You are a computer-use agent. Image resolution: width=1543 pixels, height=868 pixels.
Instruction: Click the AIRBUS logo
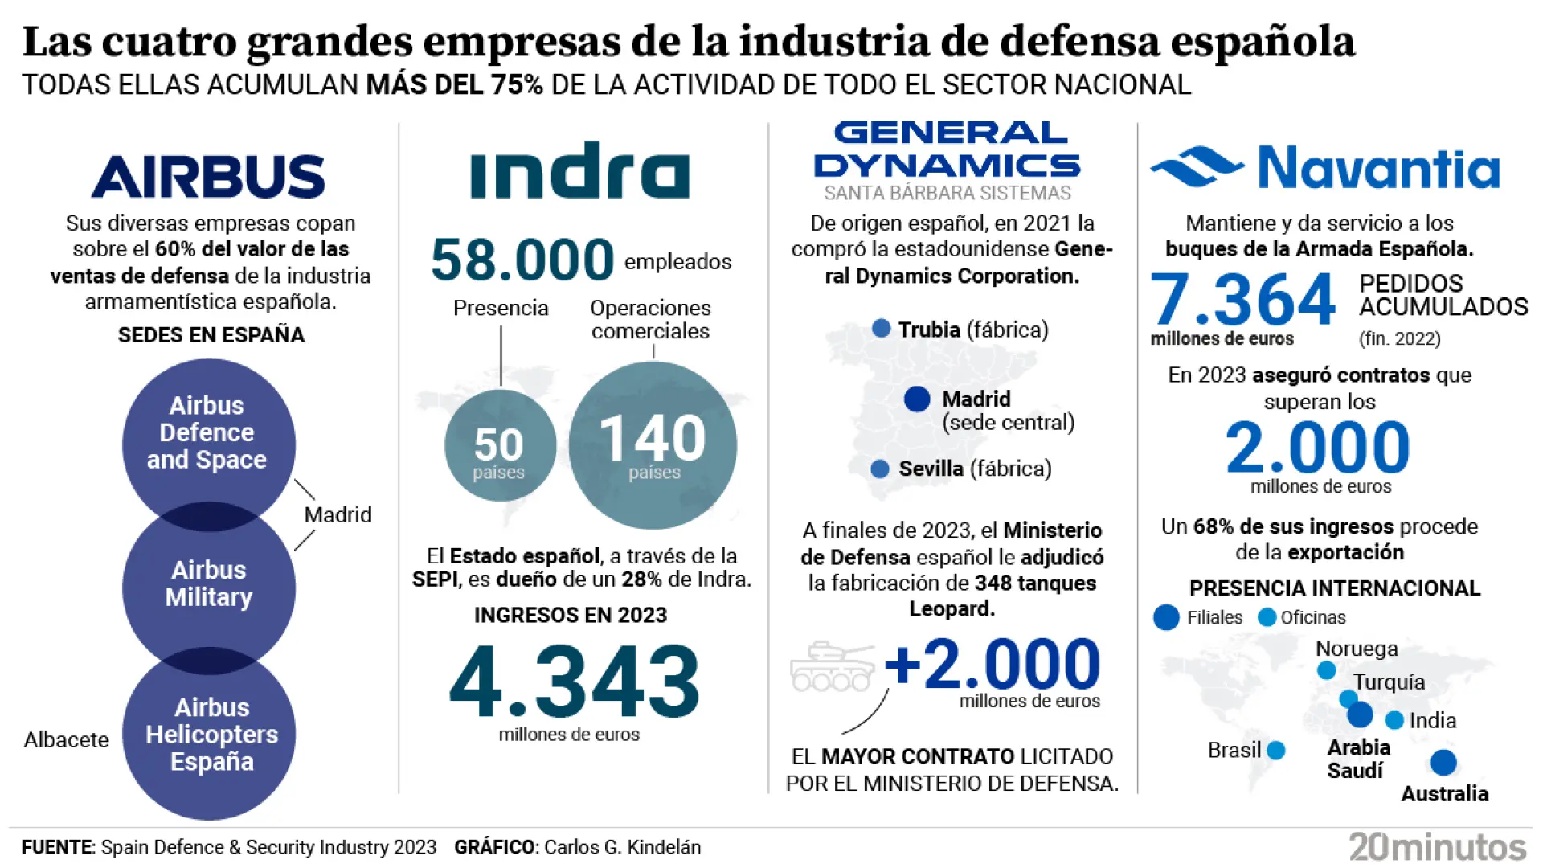[209, 176]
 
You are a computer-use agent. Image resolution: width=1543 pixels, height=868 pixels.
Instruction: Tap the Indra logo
[579, 170]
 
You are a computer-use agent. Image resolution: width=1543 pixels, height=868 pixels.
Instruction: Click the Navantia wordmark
[1378, 168]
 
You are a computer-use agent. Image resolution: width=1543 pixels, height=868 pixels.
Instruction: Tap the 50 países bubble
[499, 446]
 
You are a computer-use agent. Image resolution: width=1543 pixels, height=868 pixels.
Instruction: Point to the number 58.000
[522, 260]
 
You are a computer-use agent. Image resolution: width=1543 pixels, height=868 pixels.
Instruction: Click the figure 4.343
[574, 682]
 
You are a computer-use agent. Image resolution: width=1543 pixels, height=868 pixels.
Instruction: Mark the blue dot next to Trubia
[882, 328]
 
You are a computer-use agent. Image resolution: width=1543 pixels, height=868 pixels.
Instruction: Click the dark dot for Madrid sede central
[917, 399]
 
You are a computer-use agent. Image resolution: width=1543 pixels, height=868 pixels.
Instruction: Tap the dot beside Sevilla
[880, 469]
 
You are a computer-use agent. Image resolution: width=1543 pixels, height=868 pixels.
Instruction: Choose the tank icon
[832, 667]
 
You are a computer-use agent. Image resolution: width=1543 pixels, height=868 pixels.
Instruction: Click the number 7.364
[1242, 299]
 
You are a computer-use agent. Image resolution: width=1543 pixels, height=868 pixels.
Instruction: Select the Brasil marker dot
[1276, 751]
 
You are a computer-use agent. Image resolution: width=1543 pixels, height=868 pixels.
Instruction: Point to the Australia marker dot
[1443, 762]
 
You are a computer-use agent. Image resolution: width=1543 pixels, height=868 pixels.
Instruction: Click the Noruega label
[1357, 649]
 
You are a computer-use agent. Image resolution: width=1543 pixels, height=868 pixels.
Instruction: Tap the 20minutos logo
[1437, 847]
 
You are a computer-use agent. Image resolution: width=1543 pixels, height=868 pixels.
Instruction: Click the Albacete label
[67, 739]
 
